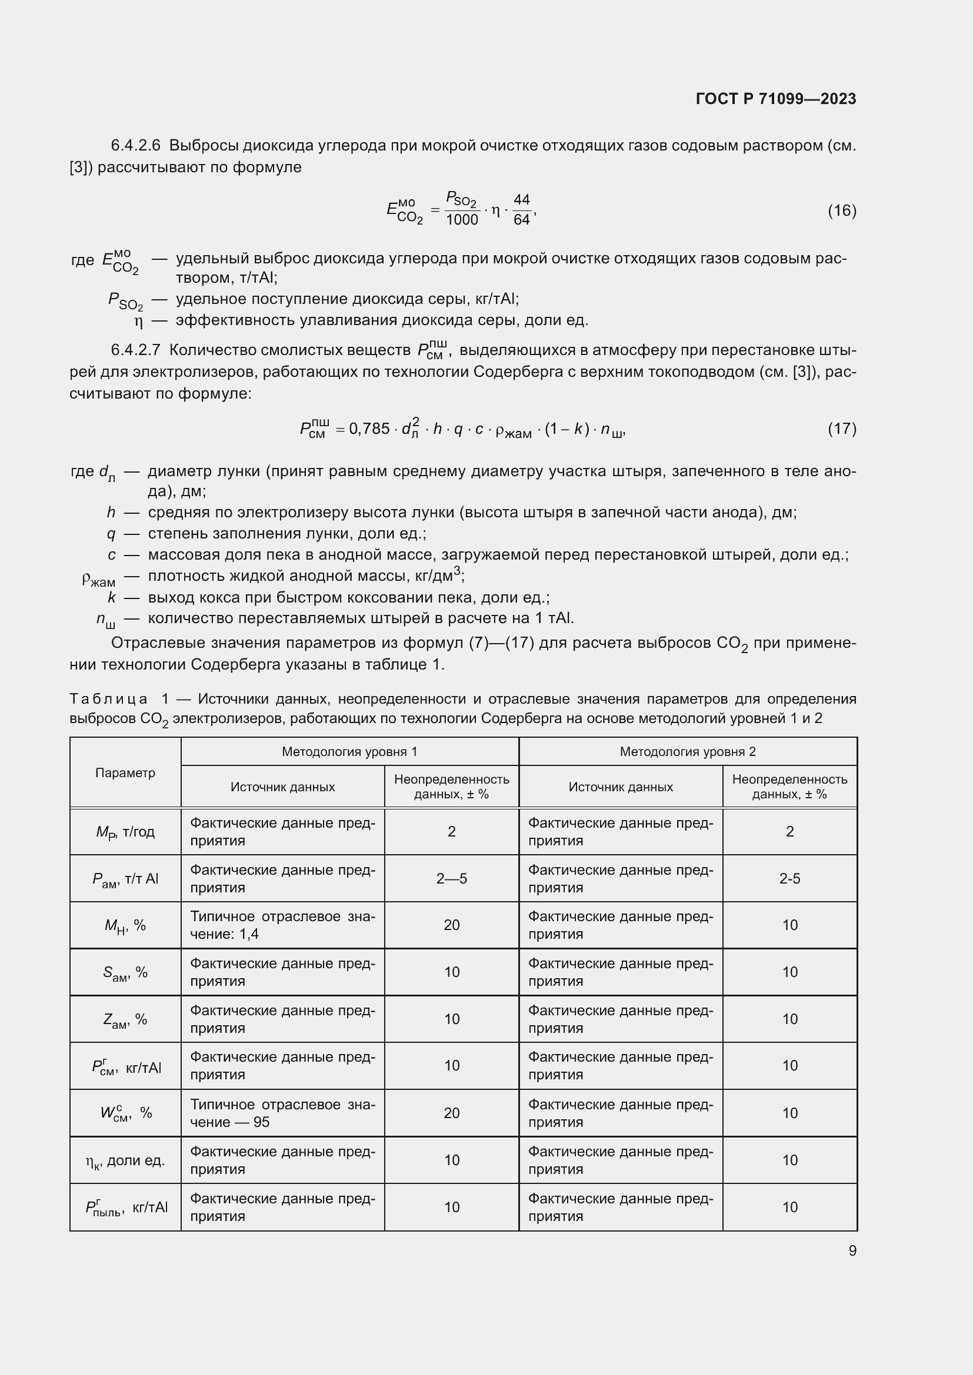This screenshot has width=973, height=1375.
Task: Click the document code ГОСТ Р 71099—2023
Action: click(x=776, y=99)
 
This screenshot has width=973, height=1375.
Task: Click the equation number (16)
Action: click(x=842, y=210)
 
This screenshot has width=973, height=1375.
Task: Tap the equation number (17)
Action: click(x=842, y=428)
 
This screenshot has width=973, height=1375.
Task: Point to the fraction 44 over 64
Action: click(x=521, y=210)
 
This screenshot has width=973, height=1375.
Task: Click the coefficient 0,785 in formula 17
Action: click(x=369, y=429)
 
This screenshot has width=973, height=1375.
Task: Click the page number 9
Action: click(x=852, y=1250)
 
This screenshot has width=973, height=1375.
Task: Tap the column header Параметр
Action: click(x=125, y=772)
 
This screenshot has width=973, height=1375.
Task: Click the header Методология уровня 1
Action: click(x=349, y=752)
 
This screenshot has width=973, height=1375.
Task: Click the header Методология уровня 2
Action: click(x=688, y=752)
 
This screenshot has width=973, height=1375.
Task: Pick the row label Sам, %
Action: click(x=125, y=972)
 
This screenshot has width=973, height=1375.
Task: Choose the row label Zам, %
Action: click(x=125, y=1019)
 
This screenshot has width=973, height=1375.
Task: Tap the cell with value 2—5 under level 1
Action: click(x=451, y=878)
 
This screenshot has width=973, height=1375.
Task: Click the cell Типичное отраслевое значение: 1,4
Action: click(x=282, y=925)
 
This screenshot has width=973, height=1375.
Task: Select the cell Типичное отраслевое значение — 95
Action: click(x=282, y=1113)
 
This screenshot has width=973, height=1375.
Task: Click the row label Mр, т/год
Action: click(x=125, y=832)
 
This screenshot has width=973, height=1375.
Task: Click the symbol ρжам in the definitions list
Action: click(x=99, y=579)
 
